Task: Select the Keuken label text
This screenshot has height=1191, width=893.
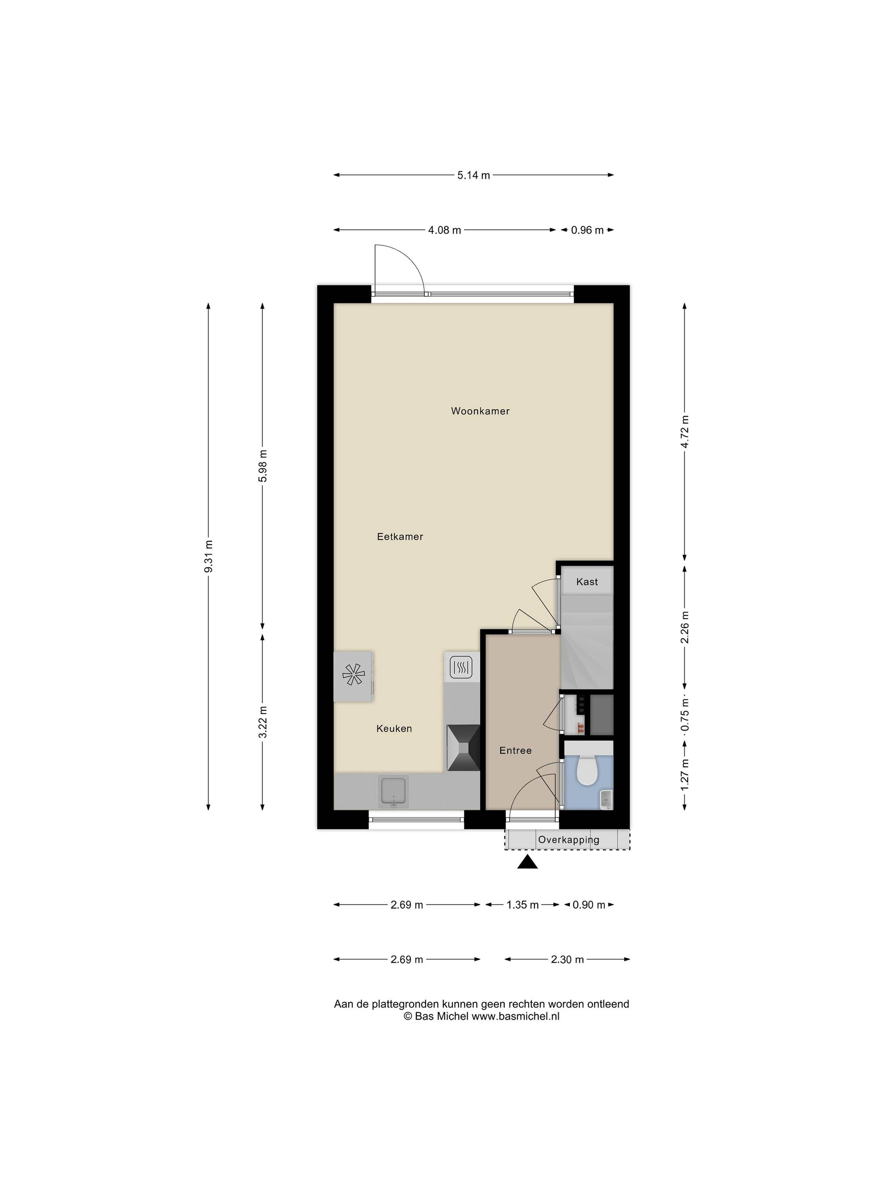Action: [394, 729]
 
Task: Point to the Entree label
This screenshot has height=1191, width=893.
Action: [515, 751]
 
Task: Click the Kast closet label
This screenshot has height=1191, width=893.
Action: [587, 582]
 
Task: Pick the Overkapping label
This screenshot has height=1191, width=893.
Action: [568, 840]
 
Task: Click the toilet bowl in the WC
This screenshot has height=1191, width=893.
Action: [587, 770]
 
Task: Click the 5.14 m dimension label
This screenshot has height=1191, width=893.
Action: [474, 175]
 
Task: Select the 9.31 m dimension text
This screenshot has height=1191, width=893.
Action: [209, 556]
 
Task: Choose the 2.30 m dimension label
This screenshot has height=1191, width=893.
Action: [567, 960]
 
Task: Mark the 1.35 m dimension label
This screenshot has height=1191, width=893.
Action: [522, 905]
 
